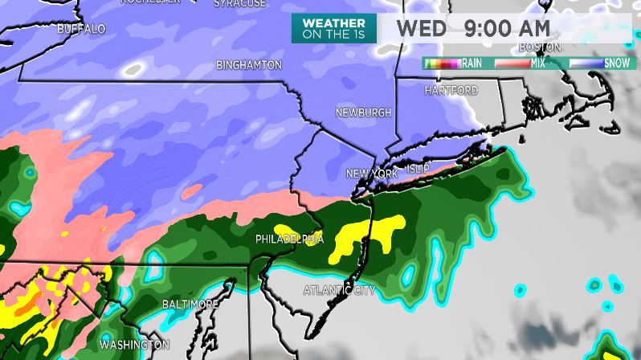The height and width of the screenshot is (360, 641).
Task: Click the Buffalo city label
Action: tap(81, 29)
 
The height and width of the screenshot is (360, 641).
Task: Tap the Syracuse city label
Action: tap(239, 4)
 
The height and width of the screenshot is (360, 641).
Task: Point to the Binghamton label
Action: tap(249, 65)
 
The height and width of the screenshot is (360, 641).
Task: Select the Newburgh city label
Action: tap(363, 112)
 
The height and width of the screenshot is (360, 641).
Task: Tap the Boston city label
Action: tap(539, 47)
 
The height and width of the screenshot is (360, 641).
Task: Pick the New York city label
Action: tap(372, 174)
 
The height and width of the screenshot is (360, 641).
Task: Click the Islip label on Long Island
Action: tap(418, 168)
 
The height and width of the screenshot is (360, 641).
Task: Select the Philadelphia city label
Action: tap(289, 239)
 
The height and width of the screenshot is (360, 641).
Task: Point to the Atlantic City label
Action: tap(340, 289)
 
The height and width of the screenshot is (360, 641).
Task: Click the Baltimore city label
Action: tap(190, 305)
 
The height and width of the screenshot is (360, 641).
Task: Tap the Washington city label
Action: tap(134, 345)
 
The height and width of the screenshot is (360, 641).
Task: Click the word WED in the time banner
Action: tap(421, 28)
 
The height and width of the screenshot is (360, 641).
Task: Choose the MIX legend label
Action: tap(537, 63)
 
